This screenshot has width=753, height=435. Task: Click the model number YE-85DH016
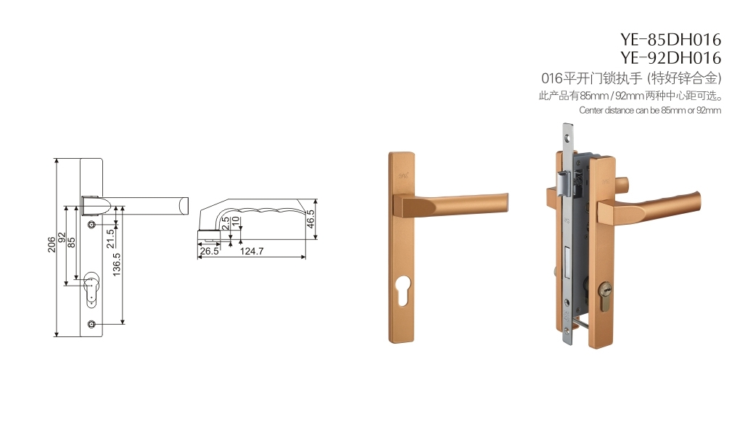pos(670,39)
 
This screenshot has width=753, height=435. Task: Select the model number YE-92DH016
pos(670,57)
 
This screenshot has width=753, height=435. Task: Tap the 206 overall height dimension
pos(52,244)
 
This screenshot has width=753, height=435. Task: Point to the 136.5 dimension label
pos(116,265)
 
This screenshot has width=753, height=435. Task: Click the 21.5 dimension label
pos(110,238)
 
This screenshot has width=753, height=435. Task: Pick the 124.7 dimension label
pos(252,251)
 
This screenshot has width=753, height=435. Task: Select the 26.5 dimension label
pos(210,251)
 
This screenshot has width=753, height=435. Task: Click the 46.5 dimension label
pos(310,218)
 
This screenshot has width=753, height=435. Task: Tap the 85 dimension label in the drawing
pos(72,242)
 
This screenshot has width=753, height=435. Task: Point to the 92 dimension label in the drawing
pos(62,238)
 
